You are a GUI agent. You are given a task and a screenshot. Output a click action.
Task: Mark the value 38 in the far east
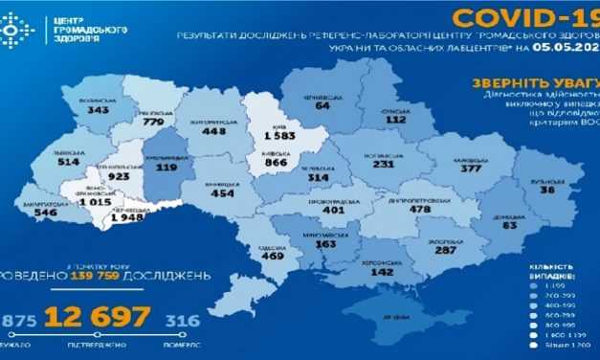546,190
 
